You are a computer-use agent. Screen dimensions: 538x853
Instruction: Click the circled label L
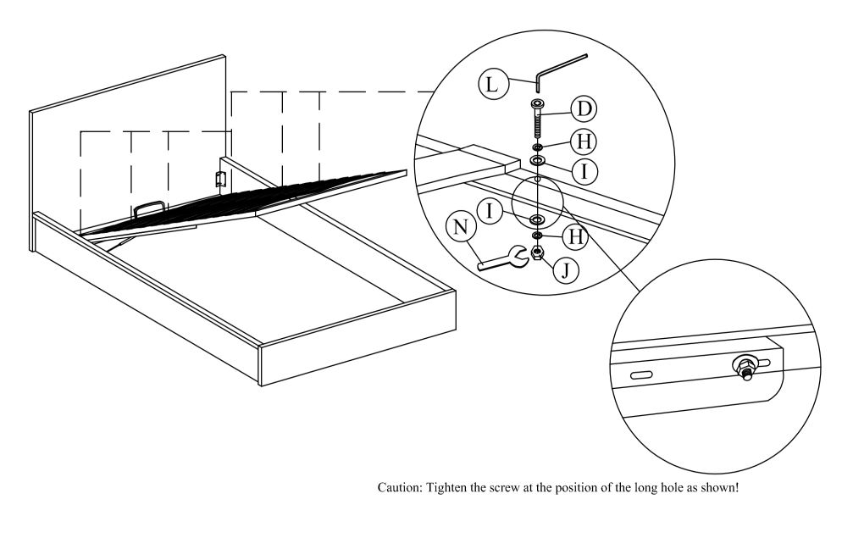[x=492, y=84]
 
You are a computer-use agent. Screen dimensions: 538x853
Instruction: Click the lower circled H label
[x=575, y=238]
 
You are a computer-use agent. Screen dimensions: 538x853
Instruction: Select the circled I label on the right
[x=584, y=171]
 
